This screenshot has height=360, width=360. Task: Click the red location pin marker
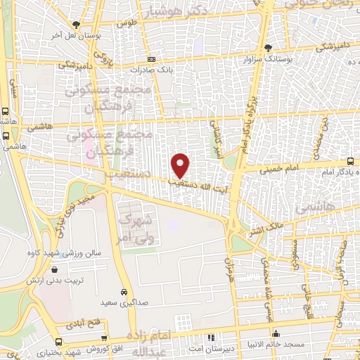181,165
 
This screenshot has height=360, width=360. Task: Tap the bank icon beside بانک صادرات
151,60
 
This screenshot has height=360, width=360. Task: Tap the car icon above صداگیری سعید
124,291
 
